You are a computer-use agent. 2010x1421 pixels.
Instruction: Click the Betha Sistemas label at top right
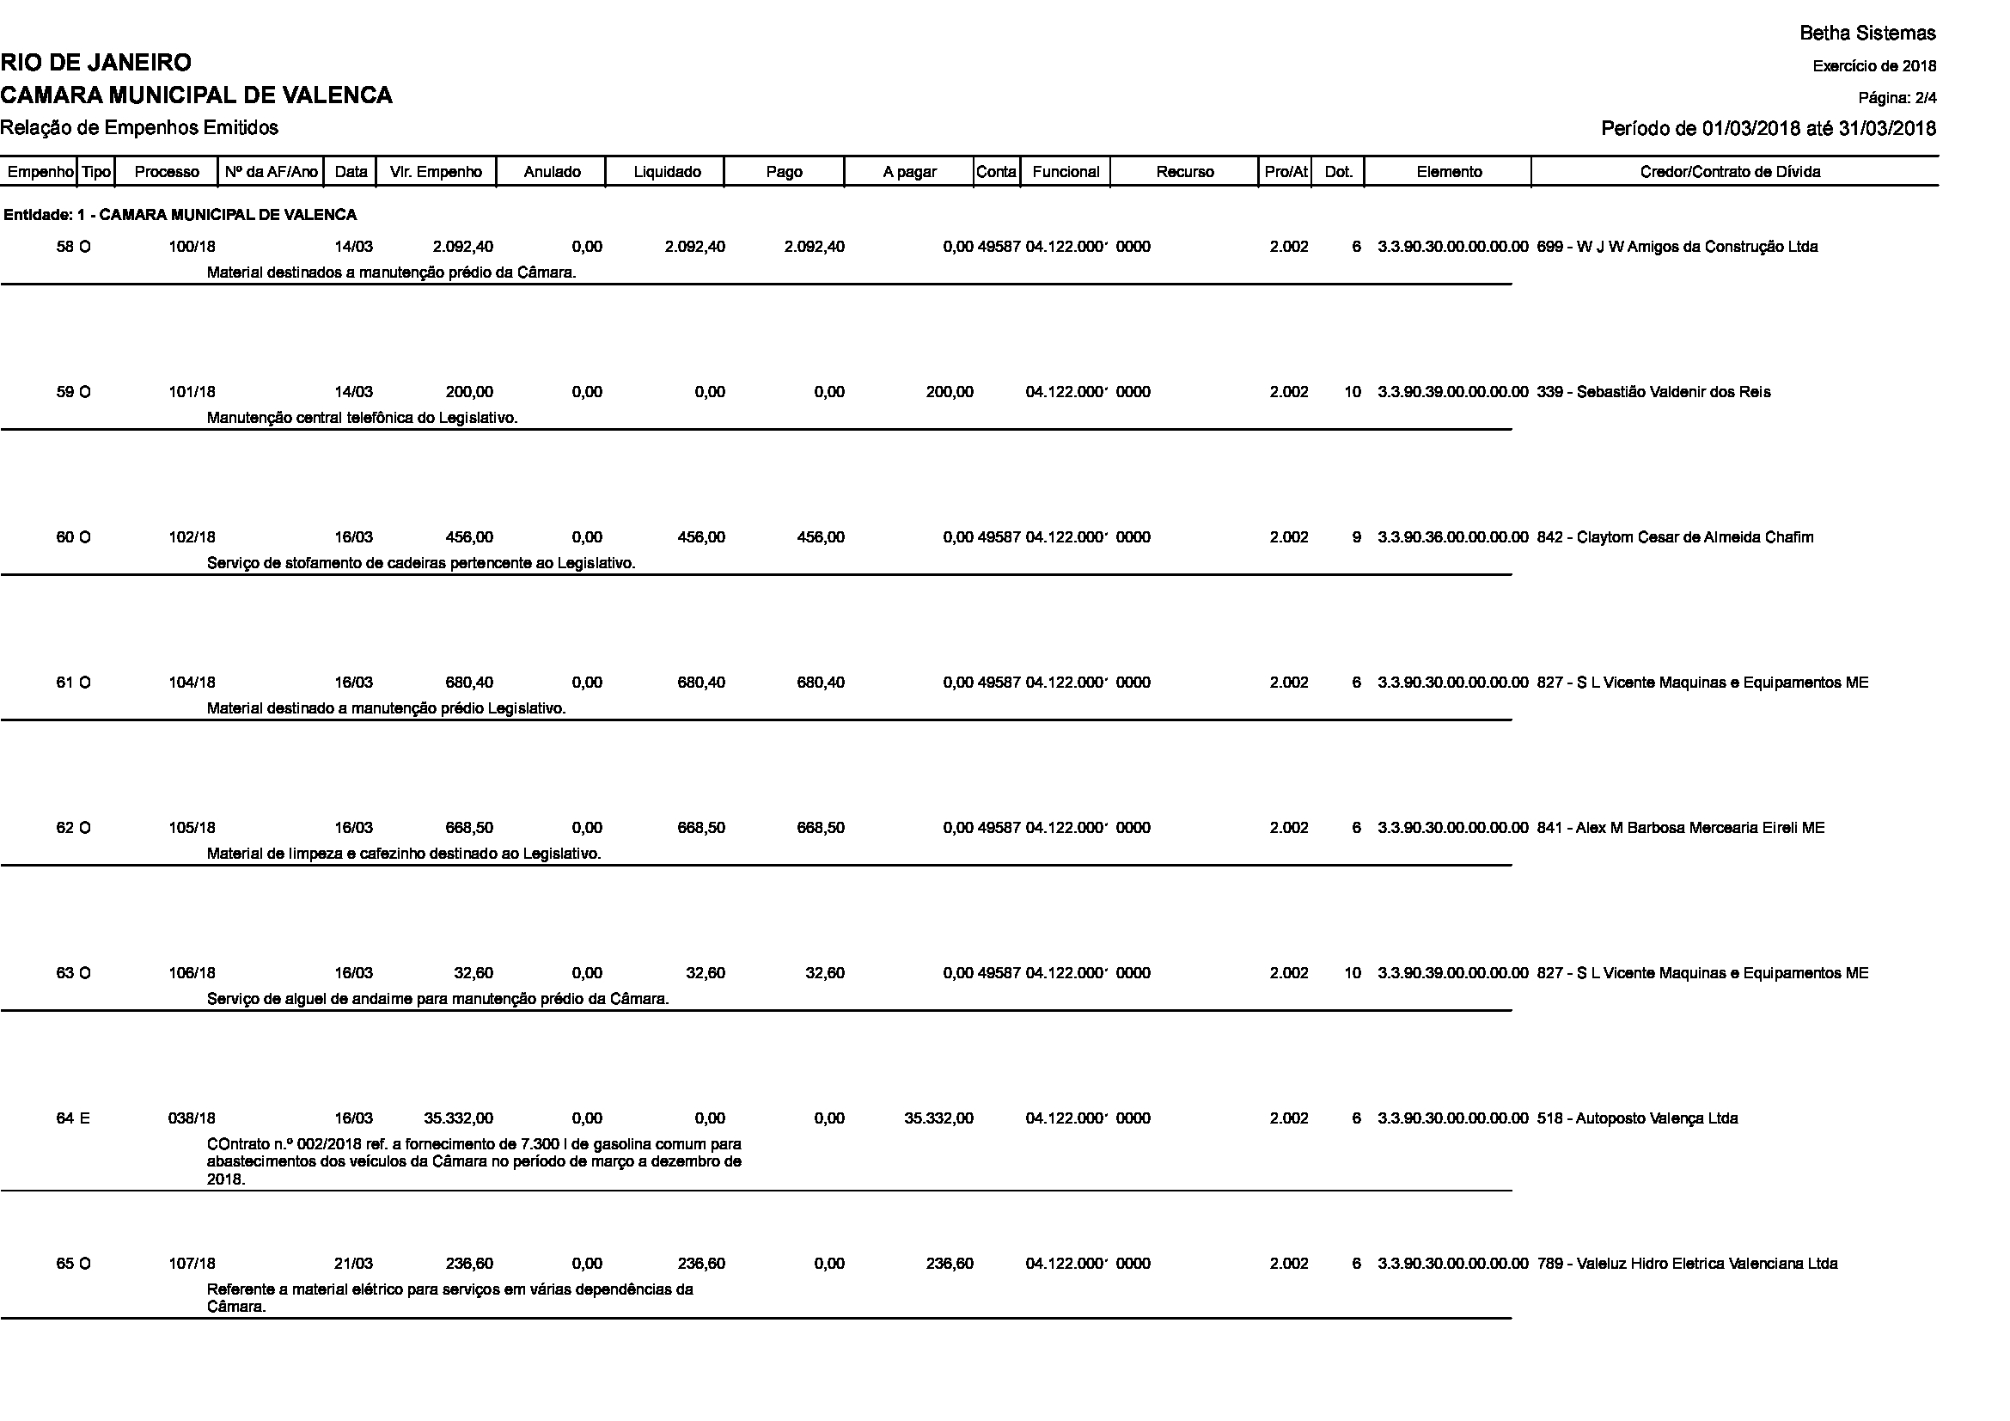tap(1867, 34)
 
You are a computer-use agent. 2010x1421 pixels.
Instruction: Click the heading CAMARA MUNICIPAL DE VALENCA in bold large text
tap(196, 95)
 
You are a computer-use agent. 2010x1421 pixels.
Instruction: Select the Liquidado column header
tap(666, 172)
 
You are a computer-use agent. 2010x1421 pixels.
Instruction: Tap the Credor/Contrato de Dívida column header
tap(1730, 172)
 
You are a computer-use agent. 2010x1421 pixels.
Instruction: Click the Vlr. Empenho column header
tap(436, 172)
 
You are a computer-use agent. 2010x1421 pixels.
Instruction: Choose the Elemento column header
tap(1449, 172)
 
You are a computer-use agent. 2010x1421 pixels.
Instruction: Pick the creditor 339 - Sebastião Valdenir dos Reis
tap(1653, 392)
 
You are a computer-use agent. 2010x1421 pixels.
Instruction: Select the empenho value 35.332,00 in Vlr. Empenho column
tap(459, 1118)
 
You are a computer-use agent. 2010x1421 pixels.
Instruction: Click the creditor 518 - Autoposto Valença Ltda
tap(1637, 1118)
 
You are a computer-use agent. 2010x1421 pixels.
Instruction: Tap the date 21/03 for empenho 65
tap(354, 1264)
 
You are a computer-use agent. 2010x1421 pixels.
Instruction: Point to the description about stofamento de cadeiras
tap(421, 563)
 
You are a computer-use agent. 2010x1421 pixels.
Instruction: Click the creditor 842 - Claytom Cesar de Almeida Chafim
tap(1675, 537)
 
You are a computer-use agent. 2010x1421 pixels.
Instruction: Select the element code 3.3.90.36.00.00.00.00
tap(1452, 537)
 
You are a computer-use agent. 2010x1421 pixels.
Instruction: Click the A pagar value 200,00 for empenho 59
tap(949, 392)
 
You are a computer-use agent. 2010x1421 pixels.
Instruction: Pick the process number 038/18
tap(192, 1118)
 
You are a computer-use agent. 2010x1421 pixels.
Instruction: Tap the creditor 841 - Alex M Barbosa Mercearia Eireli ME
tap(1681, 827)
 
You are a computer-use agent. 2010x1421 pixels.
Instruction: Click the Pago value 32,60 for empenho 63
tap(825, 973)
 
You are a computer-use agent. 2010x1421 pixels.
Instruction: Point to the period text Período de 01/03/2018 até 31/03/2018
tap(1769, 129)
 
